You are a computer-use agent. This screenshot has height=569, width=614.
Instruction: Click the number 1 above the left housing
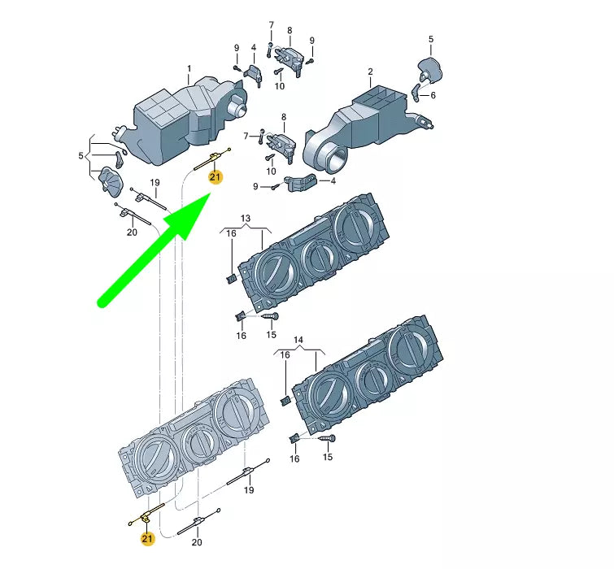pos(189,69)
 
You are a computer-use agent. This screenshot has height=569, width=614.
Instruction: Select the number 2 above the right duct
pos(371,72)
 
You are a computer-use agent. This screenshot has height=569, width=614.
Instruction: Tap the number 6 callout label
pos(433,95)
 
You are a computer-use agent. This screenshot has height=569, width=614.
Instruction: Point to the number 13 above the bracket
pos(245,219)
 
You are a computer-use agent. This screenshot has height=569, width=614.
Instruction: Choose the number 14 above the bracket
pos(298,340)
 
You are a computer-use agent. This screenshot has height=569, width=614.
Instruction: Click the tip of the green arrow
pos(211,193)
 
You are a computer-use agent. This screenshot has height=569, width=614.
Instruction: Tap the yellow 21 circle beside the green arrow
pos(215,177)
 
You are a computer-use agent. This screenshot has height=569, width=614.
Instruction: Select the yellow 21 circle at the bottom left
pos(147,538)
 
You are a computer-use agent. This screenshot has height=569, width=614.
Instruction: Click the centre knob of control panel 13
pos(319,255)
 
